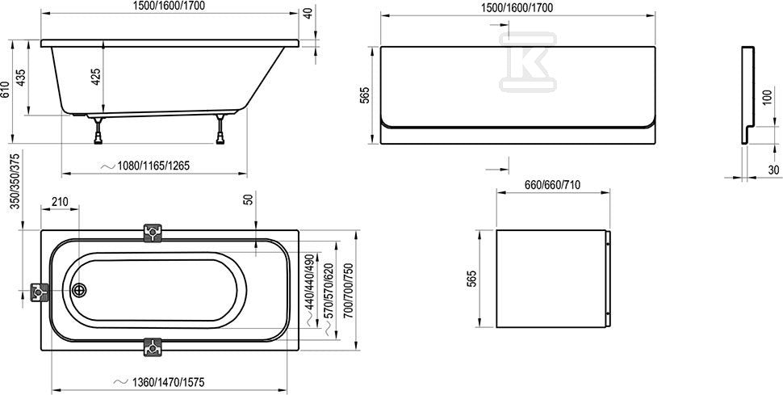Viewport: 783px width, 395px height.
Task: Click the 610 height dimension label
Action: (x=6, y=90)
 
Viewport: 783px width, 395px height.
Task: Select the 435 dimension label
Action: (x=22, y=78)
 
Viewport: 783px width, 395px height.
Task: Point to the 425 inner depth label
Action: (x=96, y=75)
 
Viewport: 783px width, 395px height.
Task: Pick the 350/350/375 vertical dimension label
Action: (x=15, y=182)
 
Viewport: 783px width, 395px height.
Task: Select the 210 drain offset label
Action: (x=60, y=202)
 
